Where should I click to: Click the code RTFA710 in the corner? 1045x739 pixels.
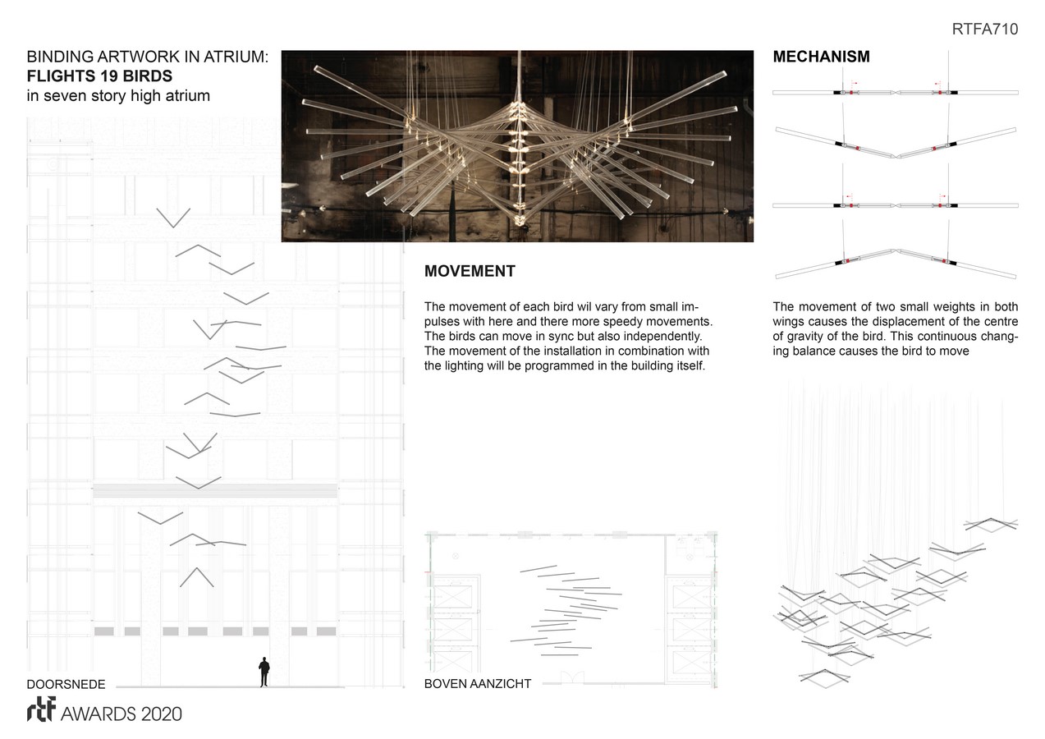click(x=984, y=30)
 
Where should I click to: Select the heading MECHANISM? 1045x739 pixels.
click(x=821, y=57)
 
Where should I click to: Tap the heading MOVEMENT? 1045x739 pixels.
click(x=470, y=272)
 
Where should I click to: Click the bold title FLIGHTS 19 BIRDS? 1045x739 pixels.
click(x=99, y=76)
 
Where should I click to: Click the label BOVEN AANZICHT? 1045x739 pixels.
click(x=477, y=684)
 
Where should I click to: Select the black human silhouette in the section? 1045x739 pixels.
click(x=264, y=672)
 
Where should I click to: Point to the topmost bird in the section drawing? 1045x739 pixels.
click(x=173, y=217)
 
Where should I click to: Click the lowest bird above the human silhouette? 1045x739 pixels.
click(x=196, y=576)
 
